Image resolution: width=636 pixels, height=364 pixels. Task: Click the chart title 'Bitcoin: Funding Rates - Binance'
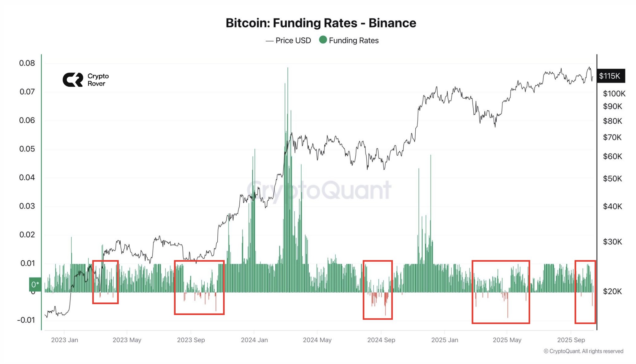coord(321,23)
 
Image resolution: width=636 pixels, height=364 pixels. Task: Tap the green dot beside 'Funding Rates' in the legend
coord(323,40)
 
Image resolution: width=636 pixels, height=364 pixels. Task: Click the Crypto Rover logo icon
coord(73,80)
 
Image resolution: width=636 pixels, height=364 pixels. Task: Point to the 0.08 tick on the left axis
coord(27,63)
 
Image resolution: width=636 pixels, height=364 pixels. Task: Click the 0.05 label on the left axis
coord(27,149)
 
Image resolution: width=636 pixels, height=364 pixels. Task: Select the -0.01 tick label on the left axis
coord(26,320)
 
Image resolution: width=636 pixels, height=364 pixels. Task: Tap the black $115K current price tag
coord(610,76)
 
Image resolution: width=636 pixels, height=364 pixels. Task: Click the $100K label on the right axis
coord(614,94)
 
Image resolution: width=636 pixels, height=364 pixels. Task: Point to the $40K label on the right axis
coord(612,206)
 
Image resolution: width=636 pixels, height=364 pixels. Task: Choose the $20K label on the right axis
coord(612,291)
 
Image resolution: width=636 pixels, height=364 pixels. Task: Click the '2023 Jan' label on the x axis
coord(64,340)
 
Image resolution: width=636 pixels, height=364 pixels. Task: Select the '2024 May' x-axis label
coord(317,340)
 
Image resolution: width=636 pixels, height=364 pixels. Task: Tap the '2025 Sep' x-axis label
coord(571,340)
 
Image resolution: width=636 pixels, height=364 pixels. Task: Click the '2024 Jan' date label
coord(254,340)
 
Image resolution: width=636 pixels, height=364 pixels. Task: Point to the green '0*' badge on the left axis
coord(35,284)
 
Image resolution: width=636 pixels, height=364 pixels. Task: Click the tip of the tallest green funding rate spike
coord(288,68)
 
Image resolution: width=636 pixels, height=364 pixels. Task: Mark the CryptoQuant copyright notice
coord(583,351)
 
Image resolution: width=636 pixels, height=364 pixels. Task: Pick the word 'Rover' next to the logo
coord(96,84)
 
